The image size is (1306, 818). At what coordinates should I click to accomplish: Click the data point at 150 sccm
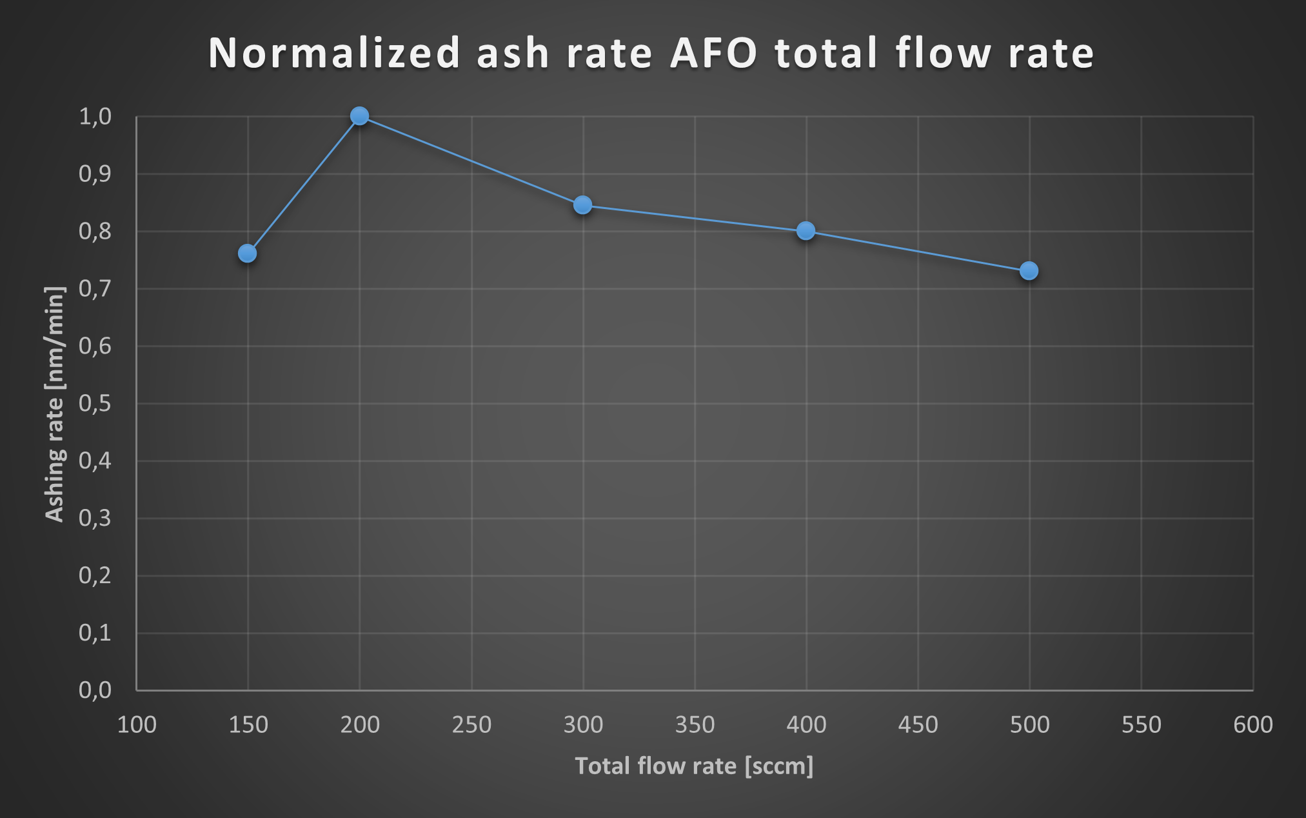point(247,254)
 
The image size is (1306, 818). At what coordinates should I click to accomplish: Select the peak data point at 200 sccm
point(359,116)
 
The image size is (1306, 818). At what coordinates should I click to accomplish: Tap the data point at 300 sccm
point(582,205)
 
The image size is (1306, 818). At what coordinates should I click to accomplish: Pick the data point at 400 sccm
point(806,231)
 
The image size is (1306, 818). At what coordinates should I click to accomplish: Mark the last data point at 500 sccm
point(1029,271)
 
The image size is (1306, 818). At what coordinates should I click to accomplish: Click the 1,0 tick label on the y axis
point(95,117)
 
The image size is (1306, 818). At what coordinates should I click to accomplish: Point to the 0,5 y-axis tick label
point(95,404)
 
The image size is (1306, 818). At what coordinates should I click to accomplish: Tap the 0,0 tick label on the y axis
point(95,690)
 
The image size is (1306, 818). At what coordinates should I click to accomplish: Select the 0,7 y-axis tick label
point(95,289)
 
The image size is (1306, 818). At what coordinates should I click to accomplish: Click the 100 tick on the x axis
point(137,725)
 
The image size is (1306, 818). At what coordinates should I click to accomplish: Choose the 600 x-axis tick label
point(1252,725)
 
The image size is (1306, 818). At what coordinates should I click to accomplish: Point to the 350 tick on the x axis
point(695,725)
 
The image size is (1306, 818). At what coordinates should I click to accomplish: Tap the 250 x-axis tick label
point(471,725)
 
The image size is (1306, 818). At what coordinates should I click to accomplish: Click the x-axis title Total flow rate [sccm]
point(694,766)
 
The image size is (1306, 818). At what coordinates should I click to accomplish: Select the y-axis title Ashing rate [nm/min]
point(55,404)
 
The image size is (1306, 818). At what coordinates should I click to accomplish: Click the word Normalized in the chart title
point(334,53)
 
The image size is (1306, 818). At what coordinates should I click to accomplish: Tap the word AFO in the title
point(714,53)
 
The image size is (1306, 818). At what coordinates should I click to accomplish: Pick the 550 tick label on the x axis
point(1141,725)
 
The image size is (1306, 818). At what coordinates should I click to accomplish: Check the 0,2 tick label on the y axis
point(95,575)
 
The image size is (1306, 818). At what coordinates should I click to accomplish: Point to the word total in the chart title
point(827,53)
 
